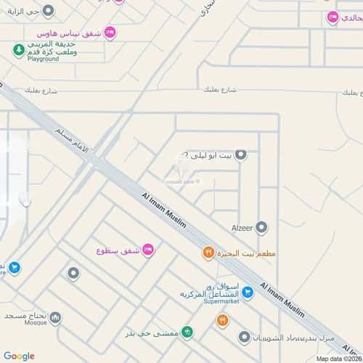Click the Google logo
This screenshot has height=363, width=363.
pos(19,355)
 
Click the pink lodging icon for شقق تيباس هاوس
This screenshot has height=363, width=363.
pos(110,32)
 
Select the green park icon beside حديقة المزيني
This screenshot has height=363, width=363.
pos(17,49)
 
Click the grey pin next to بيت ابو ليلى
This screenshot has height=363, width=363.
pos(241,154)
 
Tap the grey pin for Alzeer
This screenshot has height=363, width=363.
pos(262,227)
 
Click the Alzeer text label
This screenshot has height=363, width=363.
pos(242,227)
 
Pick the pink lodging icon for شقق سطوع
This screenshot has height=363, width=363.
pos(147,250)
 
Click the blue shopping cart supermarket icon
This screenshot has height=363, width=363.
pos(248,293)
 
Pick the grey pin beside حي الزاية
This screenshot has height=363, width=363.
pos(48,11)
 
